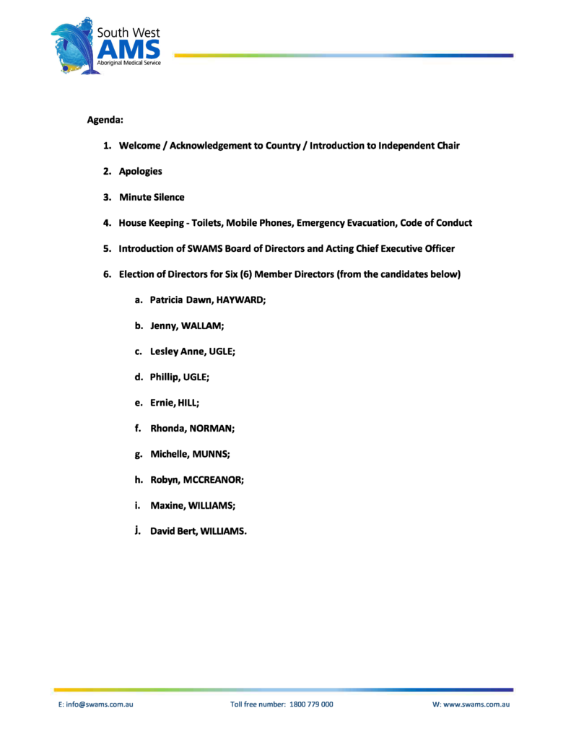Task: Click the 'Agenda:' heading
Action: click(105, 119)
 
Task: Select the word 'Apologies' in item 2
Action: click(140, 171)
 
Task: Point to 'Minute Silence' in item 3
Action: click(152, 197)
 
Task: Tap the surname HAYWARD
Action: click(240, 300)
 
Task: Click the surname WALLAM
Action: click(202, 326)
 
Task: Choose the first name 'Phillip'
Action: click(165, 377)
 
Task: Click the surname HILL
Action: click(188, 403)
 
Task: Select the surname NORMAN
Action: click(212, 429)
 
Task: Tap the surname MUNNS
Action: click(209, 455)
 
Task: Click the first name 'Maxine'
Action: click(167, 506)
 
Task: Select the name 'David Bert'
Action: click(173, 532)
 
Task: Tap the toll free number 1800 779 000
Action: click(311, 704)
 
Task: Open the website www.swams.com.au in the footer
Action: click(476, 704)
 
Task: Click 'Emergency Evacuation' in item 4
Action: click(346, 223)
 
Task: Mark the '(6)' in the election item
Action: click(245, 274)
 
